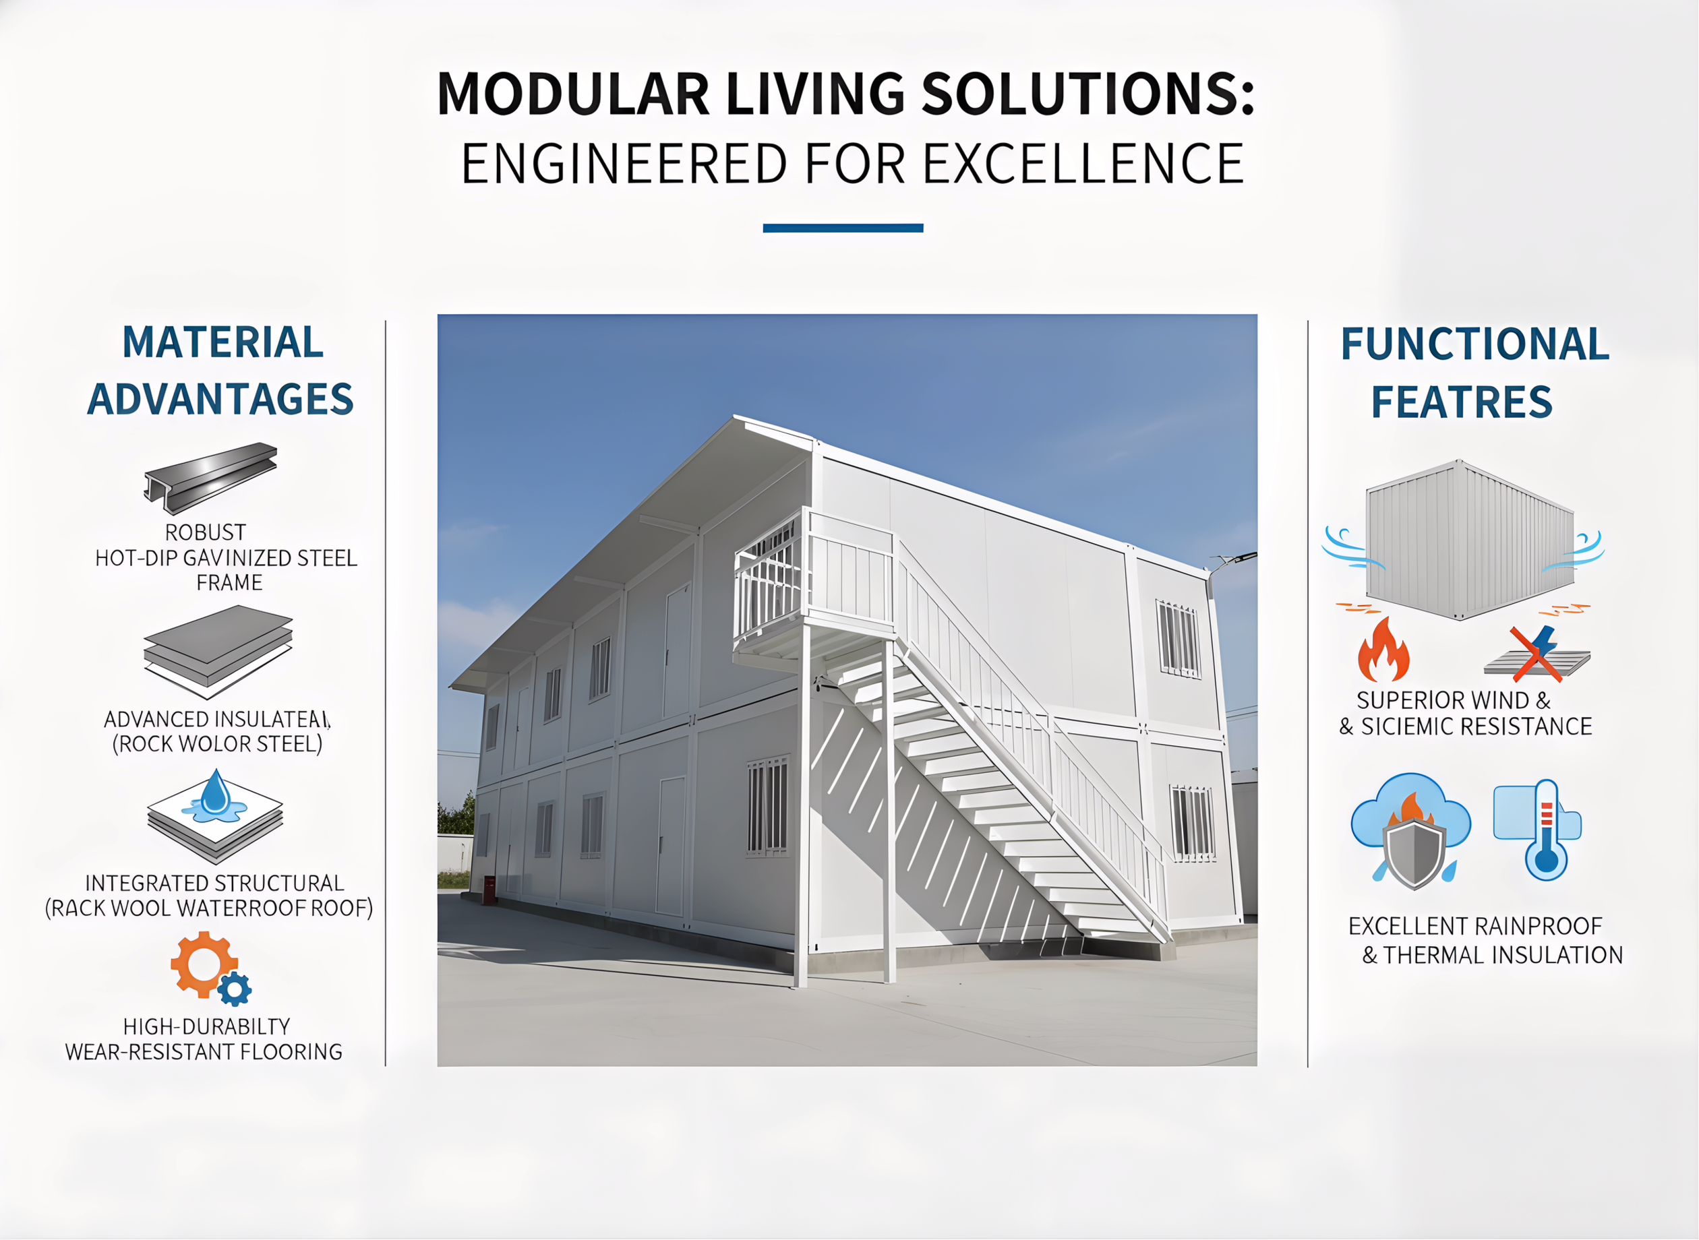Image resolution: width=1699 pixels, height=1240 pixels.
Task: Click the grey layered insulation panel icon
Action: [x=218, y=649]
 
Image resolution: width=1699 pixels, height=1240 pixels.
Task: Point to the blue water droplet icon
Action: [x=216, y=794]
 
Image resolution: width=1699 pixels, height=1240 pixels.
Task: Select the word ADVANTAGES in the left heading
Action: [x=220, y=398]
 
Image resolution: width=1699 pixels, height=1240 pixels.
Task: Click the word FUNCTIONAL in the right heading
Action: [x=1474, y=344]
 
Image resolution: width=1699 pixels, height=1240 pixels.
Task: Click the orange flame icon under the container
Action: [x=1383, y=650]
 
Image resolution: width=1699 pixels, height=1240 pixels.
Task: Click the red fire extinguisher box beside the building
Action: [x=489, y=890]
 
